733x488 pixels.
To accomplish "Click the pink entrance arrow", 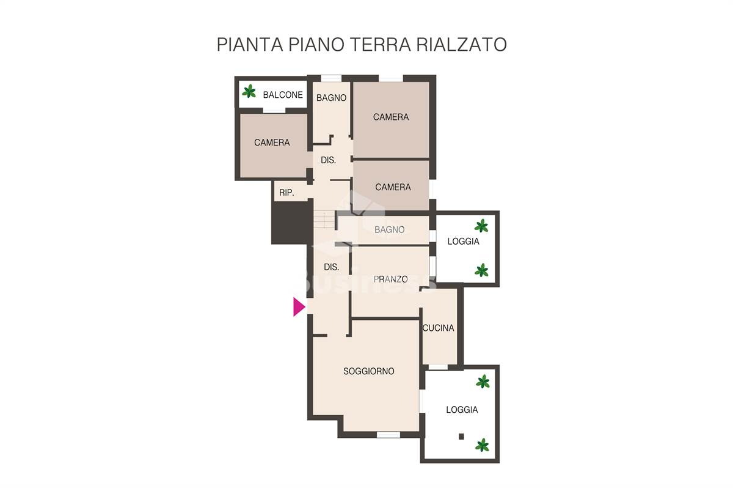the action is coord(299,307).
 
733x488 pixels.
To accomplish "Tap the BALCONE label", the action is coord(283,95).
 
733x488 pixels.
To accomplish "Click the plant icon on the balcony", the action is coord(249,91).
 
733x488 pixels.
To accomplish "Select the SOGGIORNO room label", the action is coord(368,371).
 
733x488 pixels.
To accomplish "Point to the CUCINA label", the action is coord(438,328).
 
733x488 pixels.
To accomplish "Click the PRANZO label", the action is coord(390,279).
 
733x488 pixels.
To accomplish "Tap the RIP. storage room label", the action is coord(286,193).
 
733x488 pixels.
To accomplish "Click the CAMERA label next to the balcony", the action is coord(272,142).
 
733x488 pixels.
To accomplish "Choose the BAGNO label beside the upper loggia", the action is coord(390,229).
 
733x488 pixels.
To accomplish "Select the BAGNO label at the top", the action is coord(331,98).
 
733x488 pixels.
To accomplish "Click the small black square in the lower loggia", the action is coord(461,436).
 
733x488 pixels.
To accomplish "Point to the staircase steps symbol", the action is coord(324,220).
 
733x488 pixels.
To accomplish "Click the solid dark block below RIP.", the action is coord(291,223).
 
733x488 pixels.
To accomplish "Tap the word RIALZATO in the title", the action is coord(461,45).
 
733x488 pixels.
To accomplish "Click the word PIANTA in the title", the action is coord(250,45).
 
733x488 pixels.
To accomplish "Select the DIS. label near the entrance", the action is coord(331,267).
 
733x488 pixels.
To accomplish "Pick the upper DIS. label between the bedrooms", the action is coord(328,160).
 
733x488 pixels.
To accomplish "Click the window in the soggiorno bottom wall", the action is coord(388,435).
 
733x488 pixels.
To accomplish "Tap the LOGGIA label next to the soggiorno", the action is coord(462,410).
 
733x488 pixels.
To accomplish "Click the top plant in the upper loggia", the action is coord(481,226).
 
